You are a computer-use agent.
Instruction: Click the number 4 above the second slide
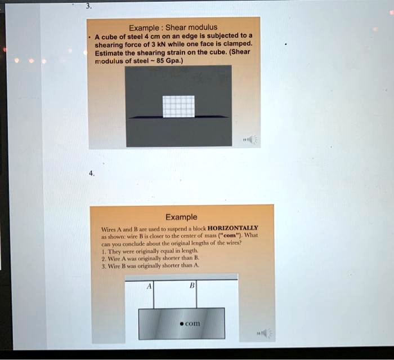coord(91,174)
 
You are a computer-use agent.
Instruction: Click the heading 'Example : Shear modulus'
coord(173,28)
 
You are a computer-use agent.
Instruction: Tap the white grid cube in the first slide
coord(178,106)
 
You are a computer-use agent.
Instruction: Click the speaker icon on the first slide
coord(251,139)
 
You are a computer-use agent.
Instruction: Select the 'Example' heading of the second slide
coord(181,217)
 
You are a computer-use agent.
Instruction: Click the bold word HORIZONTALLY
coord(234,228)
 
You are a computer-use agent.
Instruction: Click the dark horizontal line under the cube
coord(178,117)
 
